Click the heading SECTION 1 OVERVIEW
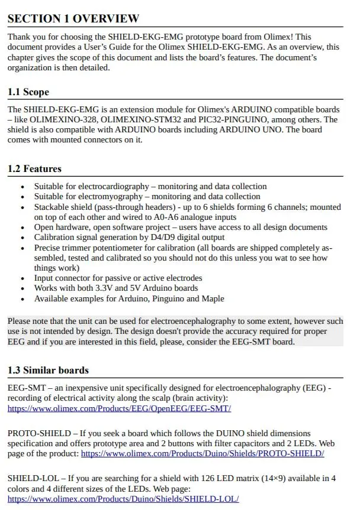73,19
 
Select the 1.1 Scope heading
28,92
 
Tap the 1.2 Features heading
34,169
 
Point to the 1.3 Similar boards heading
48,371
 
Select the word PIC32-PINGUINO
230,120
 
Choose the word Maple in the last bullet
212,298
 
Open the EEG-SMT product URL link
119,408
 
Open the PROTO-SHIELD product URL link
202,454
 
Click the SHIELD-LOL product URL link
123,499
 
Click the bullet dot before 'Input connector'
22,278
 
